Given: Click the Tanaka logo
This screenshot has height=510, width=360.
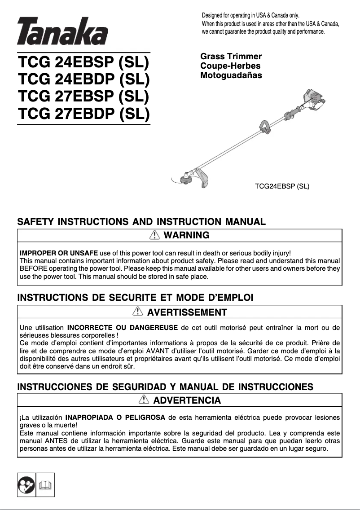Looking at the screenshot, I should coord(62,31).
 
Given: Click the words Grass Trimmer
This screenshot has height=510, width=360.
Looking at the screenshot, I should coord(231,57).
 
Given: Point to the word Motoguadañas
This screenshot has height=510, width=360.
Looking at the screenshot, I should coord(231,75).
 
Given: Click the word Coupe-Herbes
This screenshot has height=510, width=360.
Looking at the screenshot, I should coord(230,66).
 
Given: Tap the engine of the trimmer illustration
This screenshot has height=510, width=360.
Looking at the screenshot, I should coord(315,101).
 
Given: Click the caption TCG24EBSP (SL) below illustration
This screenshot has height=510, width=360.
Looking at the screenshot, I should coord(282,185).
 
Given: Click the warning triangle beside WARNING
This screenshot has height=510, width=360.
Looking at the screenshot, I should coord(155,235).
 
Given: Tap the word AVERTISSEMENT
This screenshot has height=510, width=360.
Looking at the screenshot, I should coord(187,312).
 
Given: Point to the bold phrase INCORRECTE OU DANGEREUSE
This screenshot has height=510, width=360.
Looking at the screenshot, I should coord(122,327).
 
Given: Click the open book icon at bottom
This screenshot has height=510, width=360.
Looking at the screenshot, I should coord(45,484).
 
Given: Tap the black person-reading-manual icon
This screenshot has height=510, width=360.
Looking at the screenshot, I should coord(26,484).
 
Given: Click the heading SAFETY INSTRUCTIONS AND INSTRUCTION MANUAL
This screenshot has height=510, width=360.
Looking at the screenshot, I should coord(141,222).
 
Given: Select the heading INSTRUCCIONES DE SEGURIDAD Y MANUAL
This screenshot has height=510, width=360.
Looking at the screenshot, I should coord(165,387).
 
